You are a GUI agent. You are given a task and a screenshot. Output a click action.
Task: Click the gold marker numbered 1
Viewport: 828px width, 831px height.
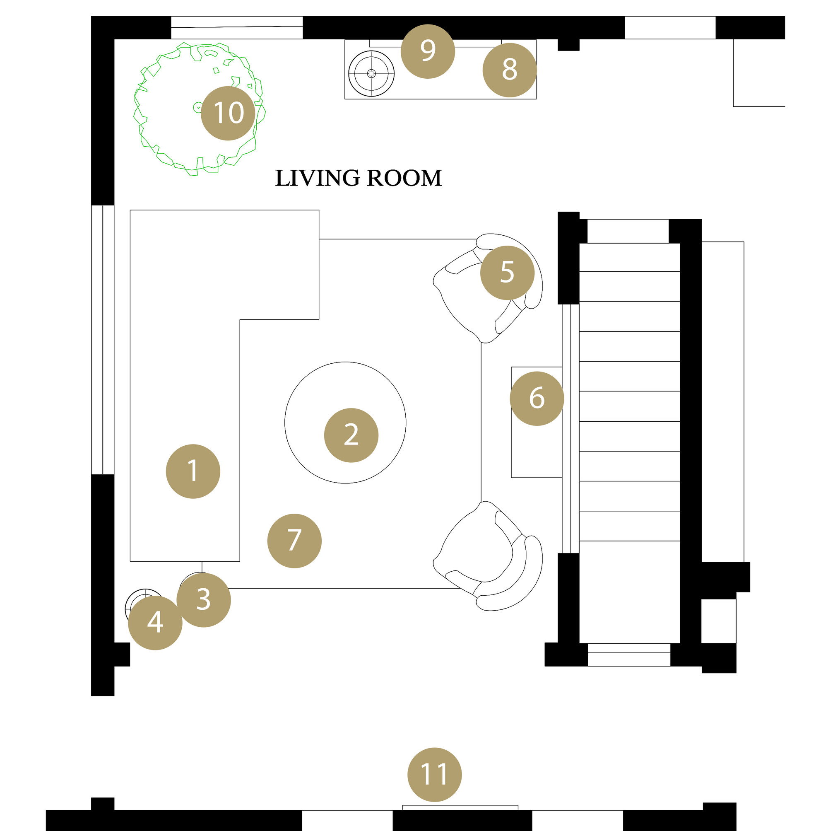click(193, 471)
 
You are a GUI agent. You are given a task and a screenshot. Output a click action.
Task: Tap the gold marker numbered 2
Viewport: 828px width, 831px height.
click(351, 435)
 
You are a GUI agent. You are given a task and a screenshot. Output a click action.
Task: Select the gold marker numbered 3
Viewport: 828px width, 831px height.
click(203, 600)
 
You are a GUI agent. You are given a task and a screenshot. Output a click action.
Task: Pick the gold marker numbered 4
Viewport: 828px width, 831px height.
click(155, 622)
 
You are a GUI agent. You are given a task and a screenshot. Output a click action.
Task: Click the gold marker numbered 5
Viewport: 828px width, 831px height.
click(507, 272)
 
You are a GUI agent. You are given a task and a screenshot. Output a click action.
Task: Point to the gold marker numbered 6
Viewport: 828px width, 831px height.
click(537, 398)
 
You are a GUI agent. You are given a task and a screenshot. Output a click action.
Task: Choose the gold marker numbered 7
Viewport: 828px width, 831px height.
click(294, 541)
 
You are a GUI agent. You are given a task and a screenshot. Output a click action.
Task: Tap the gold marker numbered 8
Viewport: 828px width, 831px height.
click(510, 70)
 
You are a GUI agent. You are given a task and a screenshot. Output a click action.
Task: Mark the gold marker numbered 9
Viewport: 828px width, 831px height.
click(428, 51)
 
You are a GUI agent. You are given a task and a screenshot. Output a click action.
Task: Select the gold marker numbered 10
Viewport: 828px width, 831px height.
click(228, 113)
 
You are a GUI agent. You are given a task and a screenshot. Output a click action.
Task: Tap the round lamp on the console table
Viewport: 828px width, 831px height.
click(371, 74)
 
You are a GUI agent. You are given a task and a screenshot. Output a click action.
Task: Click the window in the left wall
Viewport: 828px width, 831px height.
click(103, 340)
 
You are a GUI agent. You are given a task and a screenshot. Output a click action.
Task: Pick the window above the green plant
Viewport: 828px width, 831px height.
click(237, 27)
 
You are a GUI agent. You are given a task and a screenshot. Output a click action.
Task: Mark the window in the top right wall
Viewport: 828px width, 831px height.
click(669, 27)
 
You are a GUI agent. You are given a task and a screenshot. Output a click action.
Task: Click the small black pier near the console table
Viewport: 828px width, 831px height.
click(568, 45)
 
